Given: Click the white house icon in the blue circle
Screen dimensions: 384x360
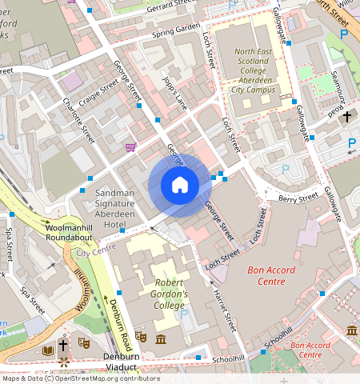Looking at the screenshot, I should (180, 186).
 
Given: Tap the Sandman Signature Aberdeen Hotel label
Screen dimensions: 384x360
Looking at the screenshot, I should (121, 210).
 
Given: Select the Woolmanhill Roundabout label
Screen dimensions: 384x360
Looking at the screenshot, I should (39, 233).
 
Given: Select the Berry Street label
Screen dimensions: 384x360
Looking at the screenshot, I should (298, 196).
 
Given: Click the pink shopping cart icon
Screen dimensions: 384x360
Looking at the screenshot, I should (130, 147).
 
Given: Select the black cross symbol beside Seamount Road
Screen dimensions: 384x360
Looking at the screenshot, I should (346, 117).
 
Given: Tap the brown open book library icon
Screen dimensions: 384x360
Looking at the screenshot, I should (46, 350).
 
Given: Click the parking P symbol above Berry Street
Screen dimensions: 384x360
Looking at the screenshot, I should (286, 169).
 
